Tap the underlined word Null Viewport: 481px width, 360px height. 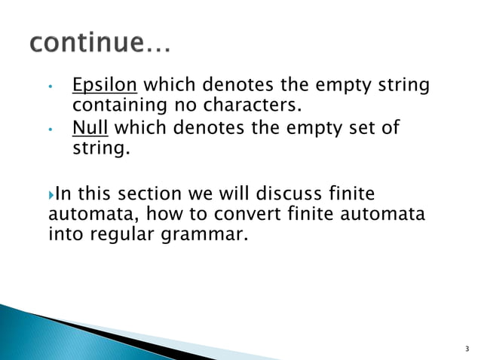pos(90,128)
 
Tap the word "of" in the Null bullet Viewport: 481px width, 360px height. pos(391,128)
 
